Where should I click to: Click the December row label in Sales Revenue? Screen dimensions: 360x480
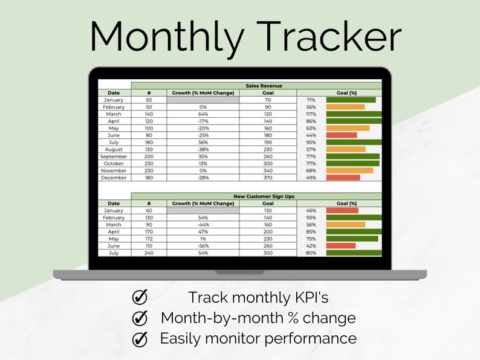point(114,178)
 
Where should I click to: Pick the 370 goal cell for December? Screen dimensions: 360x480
point(268,178)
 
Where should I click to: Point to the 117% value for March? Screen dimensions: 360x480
point(311,114)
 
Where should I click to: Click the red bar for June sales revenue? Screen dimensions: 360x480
point(342,135)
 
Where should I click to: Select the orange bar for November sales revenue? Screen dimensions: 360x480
point(349,170)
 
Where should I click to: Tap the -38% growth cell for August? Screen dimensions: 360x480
point(203,149)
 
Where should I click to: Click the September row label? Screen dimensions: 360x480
point(114,156)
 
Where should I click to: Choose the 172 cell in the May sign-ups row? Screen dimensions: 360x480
point(149,239)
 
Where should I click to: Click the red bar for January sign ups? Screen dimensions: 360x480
point(342,211)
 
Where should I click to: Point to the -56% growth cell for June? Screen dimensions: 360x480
point(203,246)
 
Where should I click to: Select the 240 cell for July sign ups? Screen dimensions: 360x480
point(149,252)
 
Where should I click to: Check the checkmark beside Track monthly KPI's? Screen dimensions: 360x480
point(140,297)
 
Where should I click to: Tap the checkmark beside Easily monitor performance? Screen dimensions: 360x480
point(140,338)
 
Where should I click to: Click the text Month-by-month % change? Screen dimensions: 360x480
point(258,318)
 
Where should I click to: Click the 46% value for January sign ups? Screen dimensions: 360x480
point(311,211)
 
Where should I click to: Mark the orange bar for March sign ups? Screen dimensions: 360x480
point(346,225)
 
